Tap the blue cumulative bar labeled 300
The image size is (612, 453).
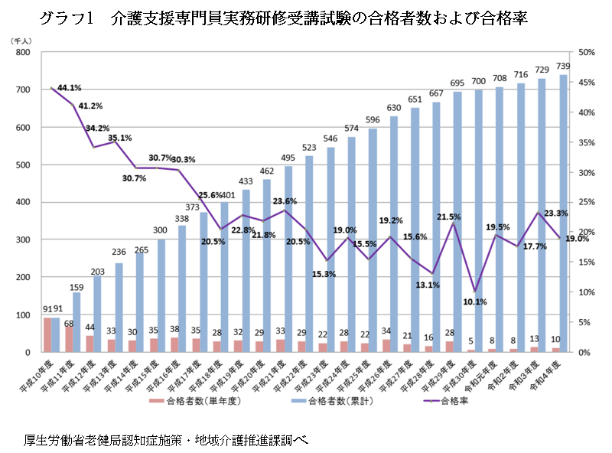coord(161,295)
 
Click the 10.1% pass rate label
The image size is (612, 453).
coord(475,301)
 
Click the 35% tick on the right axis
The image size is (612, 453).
coord(587,142)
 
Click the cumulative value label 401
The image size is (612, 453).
coord(228,195)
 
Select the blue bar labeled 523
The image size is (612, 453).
coord(310,253)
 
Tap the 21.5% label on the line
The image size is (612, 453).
coord(448,217)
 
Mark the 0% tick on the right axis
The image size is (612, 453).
coord(584,353)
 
